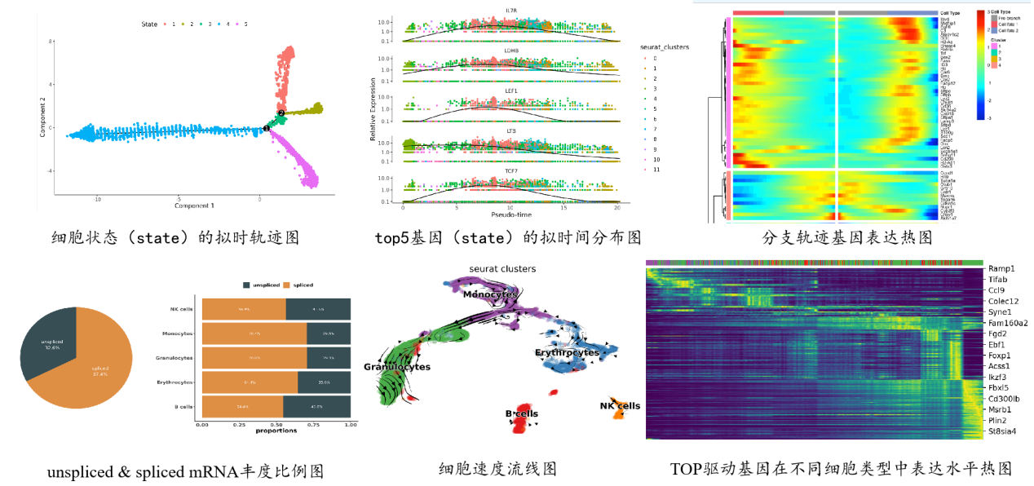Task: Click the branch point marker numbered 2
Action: point(281,113)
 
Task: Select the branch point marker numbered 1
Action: point(267,129)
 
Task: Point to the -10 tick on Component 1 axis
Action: point(97,198)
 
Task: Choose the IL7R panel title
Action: point(511,11)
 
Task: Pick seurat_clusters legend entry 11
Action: point(656,169)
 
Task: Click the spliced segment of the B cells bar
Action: point(242,406)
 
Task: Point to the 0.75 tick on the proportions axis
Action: point(313,425)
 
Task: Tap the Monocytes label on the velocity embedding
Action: point(491,294)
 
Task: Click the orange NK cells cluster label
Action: point(620,406)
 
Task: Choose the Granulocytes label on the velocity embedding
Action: point(397,367)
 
